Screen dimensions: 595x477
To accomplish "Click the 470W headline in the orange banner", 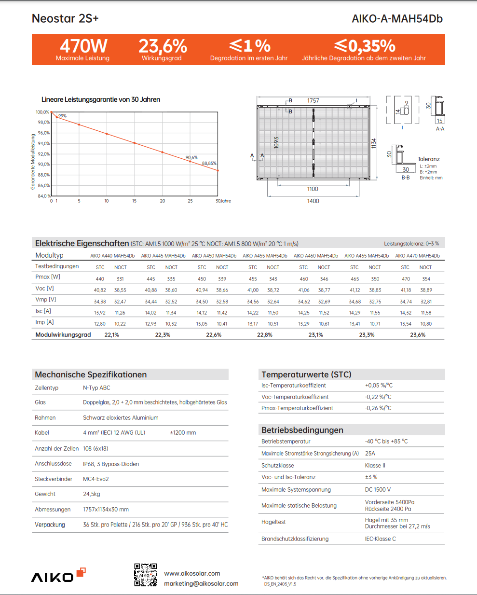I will point(83,46).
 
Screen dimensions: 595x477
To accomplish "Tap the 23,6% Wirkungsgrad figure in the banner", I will point(163,46).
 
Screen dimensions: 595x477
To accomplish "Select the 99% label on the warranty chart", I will point(63,116).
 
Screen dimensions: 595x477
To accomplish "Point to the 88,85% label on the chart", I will point(209,164).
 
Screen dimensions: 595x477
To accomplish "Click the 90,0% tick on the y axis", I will point(44,165).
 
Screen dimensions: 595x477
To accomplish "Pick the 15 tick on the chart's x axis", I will point(135,201).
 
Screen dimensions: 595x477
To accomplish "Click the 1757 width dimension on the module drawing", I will point(313,101).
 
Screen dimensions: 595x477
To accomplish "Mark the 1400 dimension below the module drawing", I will point(313,201).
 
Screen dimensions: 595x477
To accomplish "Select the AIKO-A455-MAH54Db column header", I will point(265,256).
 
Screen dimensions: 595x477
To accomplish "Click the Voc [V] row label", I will point(44,289).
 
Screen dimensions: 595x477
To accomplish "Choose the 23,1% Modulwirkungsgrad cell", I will point(316,335).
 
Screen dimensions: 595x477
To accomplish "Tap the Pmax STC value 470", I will point(406,279).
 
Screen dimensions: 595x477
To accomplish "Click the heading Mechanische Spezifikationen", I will point(91,374).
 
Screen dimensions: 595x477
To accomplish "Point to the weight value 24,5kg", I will point(92,494).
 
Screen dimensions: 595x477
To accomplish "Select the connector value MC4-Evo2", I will point(96,479).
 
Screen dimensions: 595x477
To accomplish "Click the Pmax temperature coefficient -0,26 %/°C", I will point(378,408).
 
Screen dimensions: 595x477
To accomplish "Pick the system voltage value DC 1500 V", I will point(378,490).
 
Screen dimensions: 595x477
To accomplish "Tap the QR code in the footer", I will point(146,575).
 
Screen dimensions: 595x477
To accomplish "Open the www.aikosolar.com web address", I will point(192,574).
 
